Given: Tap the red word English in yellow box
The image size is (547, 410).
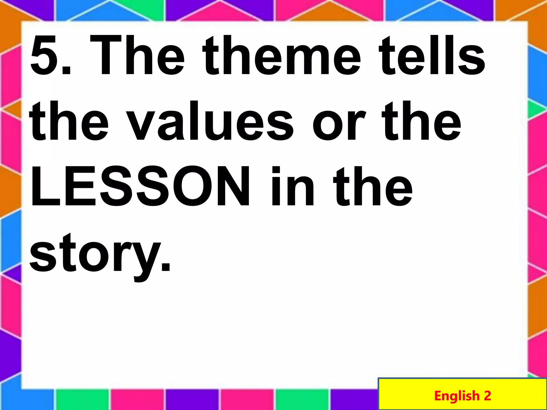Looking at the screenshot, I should coord(457,395).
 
